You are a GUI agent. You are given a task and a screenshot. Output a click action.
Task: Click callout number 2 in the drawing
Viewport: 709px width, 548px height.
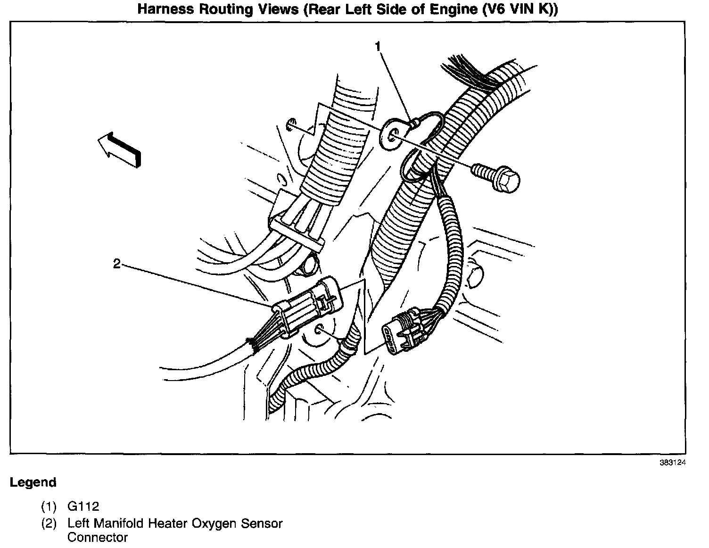[x=117, y=263]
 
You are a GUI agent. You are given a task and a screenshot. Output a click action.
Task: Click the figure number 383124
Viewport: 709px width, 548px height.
[x=672, y=463]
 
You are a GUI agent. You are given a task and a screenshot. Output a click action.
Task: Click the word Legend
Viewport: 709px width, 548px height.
[x=33, y=482]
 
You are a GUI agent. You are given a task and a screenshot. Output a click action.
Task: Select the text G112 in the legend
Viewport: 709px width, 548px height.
[x=83, y=506]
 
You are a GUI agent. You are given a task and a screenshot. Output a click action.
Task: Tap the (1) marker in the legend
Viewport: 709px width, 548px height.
[x=49, y=507]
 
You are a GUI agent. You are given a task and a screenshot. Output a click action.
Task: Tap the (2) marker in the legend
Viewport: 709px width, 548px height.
[x=49, y=523]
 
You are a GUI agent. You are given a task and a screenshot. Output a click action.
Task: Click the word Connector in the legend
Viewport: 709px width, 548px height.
[x=98, y=537]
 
